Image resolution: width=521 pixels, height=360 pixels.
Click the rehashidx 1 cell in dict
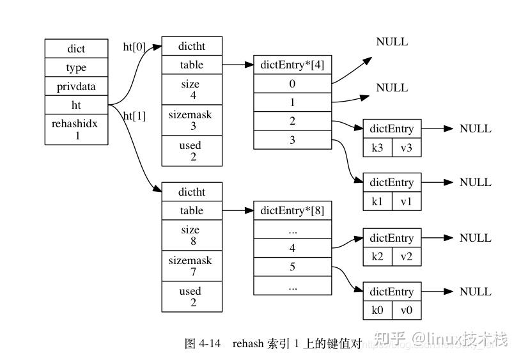coord(75,129)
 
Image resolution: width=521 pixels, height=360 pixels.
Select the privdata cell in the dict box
coord(75,87)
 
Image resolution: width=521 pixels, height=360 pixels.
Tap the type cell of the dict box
coord(75,68)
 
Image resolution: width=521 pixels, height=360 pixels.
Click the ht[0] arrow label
coord(134,47)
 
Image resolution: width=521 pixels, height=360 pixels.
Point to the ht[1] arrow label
coord(134,116)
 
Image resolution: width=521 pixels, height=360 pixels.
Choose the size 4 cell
coord(191,90)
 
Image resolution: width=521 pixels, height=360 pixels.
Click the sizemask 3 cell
coord(191,120)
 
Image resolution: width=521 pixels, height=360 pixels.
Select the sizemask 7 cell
coord(191,266)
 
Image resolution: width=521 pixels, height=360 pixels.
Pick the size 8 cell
coord(191,235)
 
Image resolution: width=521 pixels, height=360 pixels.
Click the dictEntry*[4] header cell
coord(292,65)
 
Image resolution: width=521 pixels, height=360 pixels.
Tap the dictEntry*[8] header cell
coord(292,210)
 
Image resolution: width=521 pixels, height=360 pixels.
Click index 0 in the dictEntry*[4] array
coord(292,84)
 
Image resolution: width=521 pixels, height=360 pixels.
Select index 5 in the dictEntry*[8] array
coord(292,267)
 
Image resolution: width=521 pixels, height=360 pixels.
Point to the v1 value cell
coord(407,201)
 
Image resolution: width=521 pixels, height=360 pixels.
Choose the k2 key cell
coord(377,256)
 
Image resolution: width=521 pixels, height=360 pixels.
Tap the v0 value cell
coord(407,310)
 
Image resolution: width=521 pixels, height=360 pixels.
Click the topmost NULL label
coord(392,42)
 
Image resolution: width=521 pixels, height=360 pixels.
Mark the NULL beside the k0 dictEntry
coord(475,292)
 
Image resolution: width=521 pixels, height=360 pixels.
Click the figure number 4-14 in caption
coord(210,343)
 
